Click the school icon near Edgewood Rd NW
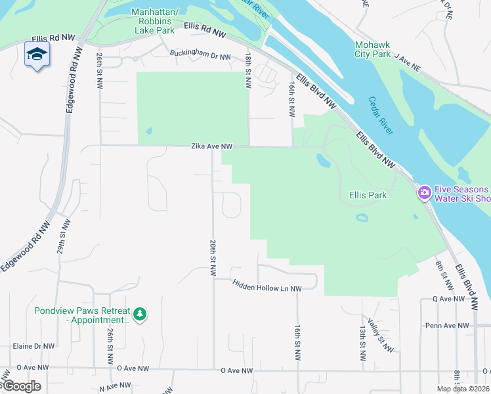coord(37,55)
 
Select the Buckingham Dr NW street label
coord(200,56)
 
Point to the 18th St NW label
coord(249,72)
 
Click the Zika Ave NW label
coord(212,146)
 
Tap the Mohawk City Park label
coord(372,49)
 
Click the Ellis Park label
coord(368,195)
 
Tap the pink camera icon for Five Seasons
coord(423,192)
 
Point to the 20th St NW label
coord(213,257)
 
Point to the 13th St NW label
coord(362,343)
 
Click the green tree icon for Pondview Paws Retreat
coord(139,315)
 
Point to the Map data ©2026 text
coord(463,389)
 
